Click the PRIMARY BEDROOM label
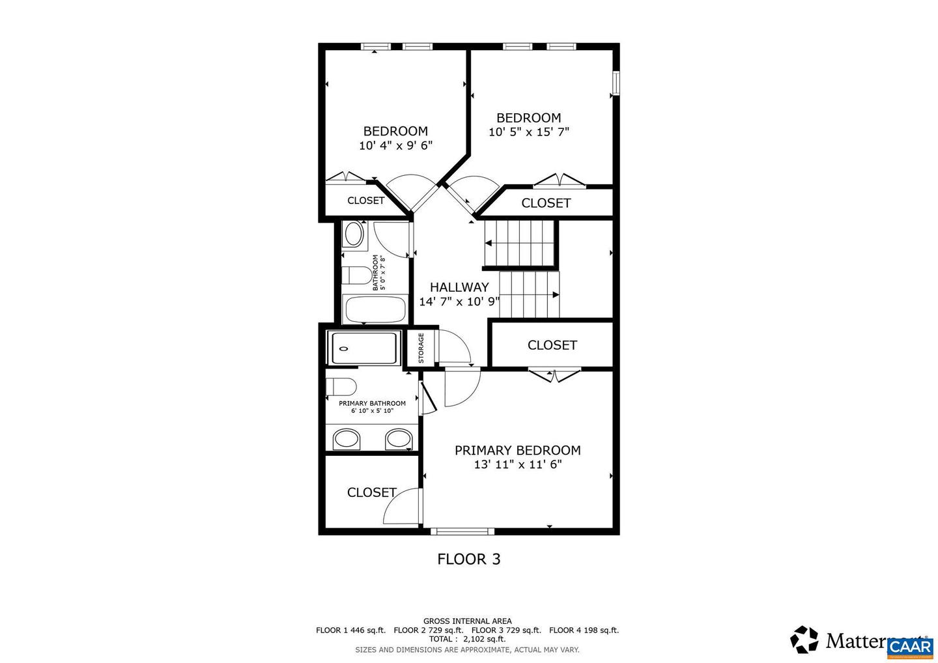click(517, 450)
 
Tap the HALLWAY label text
click(459, 287)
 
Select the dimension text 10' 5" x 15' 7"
click(529, 132)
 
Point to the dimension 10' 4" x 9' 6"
click(395, 146)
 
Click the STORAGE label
click(421, 348)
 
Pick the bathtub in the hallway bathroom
click(375, 309)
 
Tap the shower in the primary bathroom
click(363, 348)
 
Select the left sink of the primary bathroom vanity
click(347, 439)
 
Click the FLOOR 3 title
click(468, 559)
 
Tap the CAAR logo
click(910, 646)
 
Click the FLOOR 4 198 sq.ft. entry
click(584, 630)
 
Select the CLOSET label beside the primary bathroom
click(371, 492)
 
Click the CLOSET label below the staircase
click(552, 345)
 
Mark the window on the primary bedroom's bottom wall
click(462, 531)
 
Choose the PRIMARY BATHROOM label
click(372, 403)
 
